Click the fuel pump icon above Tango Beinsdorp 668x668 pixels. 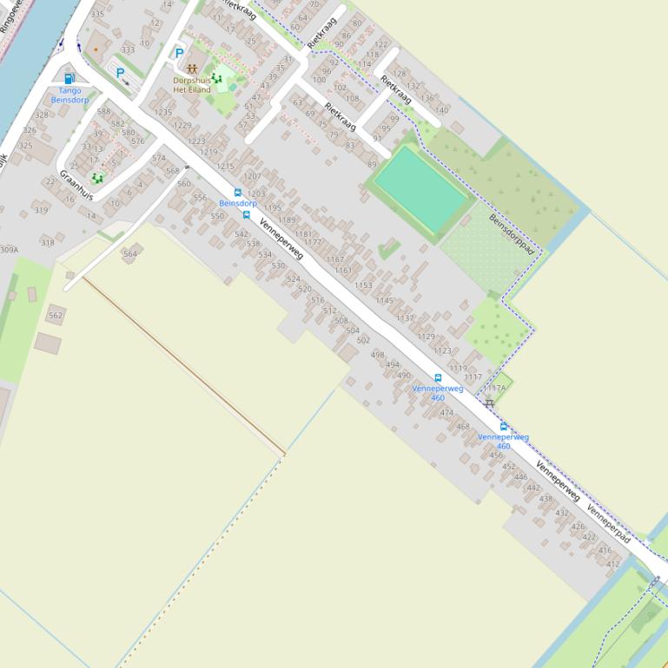[x=69, y=79]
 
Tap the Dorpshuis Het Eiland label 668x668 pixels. [x=191, y=84]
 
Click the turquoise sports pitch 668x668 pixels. [x=421, y=189]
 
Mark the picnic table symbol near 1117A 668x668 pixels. [x=489, y=403]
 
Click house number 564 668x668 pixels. [x=129, y=254]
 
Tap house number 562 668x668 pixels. [x=56, y=316]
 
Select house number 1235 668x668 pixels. [x=163, y=113]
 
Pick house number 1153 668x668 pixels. [x=363, y=285]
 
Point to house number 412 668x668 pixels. [x=613, y=564]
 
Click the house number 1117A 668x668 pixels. [x=494, y=388]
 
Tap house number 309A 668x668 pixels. [x=9, y=250]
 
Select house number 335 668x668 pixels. [x=97, y=14]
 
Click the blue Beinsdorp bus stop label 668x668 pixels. [x=237, y=203]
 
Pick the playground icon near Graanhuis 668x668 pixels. [x=97, y=179]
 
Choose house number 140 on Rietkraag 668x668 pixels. [x=441, y=110]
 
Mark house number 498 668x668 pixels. [x=377, y=355]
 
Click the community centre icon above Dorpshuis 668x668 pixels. [x=191, y=68]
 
